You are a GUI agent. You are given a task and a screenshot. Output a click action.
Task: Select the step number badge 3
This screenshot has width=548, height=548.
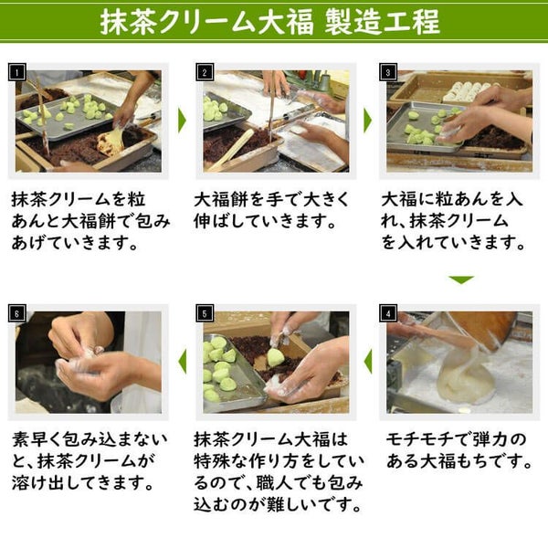390,71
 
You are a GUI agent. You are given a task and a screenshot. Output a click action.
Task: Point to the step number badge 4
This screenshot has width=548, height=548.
390,312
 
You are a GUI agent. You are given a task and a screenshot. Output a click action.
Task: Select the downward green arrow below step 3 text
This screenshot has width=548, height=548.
461,279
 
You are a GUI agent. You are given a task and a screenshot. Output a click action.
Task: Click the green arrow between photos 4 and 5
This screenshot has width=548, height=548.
367,362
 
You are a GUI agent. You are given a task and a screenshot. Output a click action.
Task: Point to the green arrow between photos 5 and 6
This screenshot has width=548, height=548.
181,362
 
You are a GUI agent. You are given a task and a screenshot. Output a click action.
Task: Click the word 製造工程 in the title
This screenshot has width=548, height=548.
383,21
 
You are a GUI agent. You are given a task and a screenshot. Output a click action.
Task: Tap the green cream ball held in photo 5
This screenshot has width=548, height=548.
275,357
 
